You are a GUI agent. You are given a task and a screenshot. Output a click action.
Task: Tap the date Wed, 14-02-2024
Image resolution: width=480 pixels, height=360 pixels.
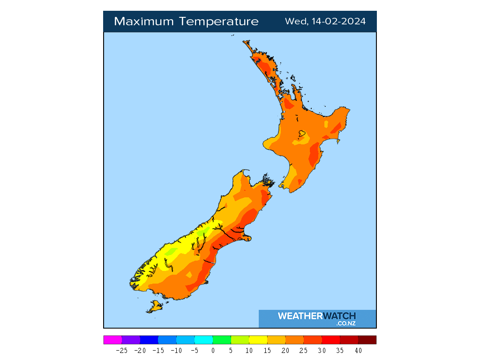click(x=325, y=22)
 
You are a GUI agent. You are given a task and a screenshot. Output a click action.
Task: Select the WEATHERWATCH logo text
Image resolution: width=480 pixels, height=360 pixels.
click(x=317, y=316)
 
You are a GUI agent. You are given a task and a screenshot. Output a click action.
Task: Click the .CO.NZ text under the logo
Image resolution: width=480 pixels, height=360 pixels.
click(x=346, y=323)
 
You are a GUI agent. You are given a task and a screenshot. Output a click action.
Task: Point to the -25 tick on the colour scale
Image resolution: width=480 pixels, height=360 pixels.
click(x=122, y=350)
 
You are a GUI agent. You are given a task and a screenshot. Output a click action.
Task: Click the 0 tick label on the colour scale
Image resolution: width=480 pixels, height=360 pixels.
click(x=213, y=350)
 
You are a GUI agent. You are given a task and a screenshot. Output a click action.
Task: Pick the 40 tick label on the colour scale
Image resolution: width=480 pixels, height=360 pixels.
click(x=358, y=350)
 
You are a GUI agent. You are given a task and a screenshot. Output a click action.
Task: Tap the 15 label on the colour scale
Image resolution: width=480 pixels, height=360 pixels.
click(x=267, y=350)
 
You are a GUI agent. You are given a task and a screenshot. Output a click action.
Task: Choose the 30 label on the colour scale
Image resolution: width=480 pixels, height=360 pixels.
click(x=322, y=350)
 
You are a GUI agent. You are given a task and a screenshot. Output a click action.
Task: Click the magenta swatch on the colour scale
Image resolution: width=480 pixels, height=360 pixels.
click(x=112, y=340)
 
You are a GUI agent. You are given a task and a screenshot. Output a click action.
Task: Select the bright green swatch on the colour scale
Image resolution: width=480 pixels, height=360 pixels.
click(x=222, y=340)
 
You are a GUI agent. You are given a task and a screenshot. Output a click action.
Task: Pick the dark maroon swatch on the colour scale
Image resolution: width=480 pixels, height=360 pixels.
click(x=367, y=340)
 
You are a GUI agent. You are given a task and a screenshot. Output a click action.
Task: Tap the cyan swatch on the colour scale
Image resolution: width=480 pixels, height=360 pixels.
click(x=203, y=340)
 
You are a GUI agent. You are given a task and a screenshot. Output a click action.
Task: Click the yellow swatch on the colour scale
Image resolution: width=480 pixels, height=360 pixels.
click(x=258, y=340)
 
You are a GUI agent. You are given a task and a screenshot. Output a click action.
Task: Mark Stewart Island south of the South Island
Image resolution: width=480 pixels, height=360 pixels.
click(x=154, y=307)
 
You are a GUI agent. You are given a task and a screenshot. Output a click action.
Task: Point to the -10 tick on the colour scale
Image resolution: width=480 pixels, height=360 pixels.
click(x=176, y=350)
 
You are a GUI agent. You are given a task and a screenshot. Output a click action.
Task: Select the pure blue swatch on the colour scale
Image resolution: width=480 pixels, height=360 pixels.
click(x=149, y=340)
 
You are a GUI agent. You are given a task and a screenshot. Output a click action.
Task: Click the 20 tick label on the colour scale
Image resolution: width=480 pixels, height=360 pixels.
click(x=285, y=350)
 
